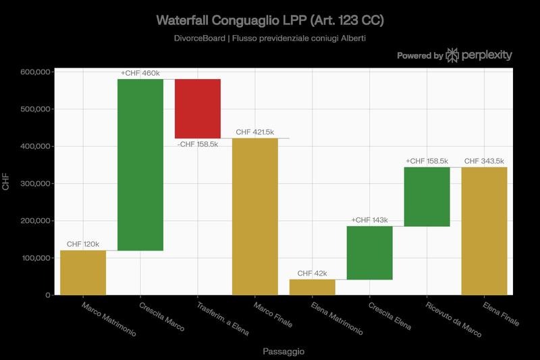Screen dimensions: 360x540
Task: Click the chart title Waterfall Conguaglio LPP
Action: [x=269, y=20]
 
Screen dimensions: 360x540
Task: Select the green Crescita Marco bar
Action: [x=140, y=165]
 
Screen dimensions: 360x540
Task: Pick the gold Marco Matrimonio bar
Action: [x=83, y=273]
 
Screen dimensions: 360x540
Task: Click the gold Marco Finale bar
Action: [x=255, y=216]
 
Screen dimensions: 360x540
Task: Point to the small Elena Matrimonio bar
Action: [x=313, y=287]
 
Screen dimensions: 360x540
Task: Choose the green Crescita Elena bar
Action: [x=370, y=253]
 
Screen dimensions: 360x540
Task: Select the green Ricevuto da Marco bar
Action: [x=427, y=197]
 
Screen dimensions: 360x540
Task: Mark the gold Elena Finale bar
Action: [x=485, y=231]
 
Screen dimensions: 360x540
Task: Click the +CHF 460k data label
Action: [x=140, y=73]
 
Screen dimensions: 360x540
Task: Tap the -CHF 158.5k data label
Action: [x=198, y=144]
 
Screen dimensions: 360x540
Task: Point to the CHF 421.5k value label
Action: [x=255, y=132]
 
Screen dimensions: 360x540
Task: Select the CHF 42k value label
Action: [x=313, y=274]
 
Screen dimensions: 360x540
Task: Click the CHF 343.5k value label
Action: [x=485, y=161]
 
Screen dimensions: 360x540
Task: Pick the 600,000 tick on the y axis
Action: [x=33, y=72]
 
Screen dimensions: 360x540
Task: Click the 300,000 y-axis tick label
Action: [x=33, y=184]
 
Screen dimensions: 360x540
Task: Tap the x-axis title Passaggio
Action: [x=283, y=351]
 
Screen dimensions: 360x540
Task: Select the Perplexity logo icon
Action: [x=453, y=55]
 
